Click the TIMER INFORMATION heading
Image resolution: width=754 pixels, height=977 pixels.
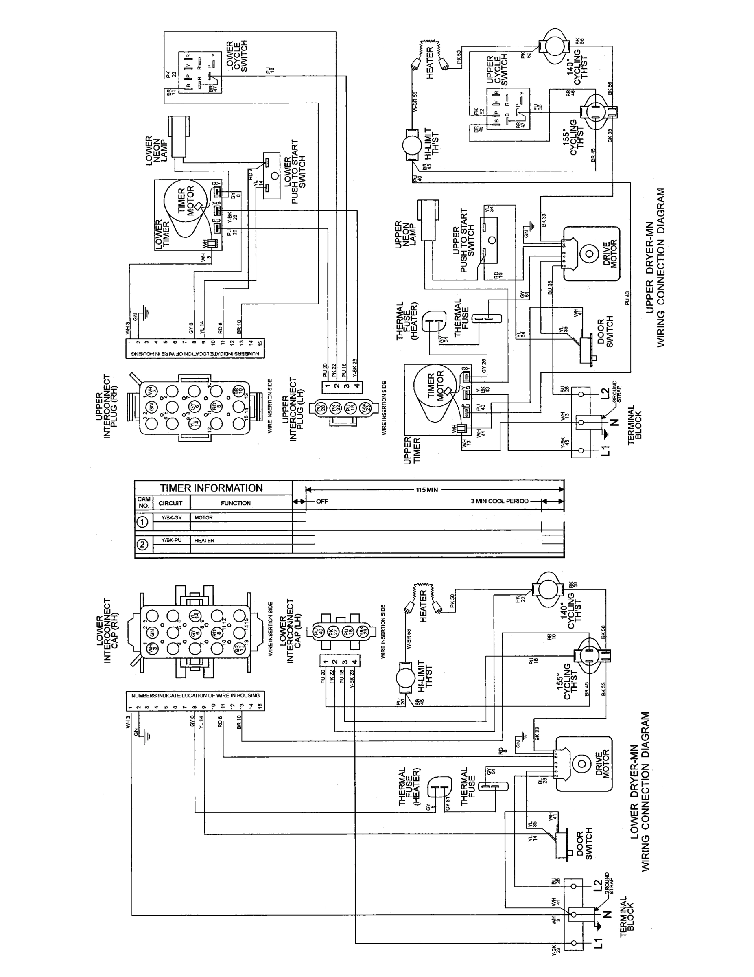(x=211, y=488)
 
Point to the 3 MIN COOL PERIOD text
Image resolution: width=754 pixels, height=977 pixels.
(x=499, y=501)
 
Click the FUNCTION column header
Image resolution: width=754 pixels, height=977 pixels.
(x=236, y=503)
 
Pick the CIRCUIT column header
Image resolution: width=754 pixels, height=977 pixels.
(x=170, y=503)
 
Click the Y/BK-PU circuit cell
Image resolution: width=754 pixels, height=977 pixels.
(x=171, y=540)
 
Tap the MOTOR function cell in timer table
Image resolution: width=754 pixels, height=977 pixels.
(x=203, y=517)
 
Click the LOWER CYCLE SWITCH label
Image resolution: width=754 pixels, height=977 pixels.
(x=236, y=57)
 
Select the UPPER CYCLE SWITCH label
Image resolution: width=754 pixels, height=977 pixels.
(x=497, y=70)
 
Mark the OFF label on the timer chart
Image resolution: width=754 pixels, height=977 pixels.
(x=322, y=501)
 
